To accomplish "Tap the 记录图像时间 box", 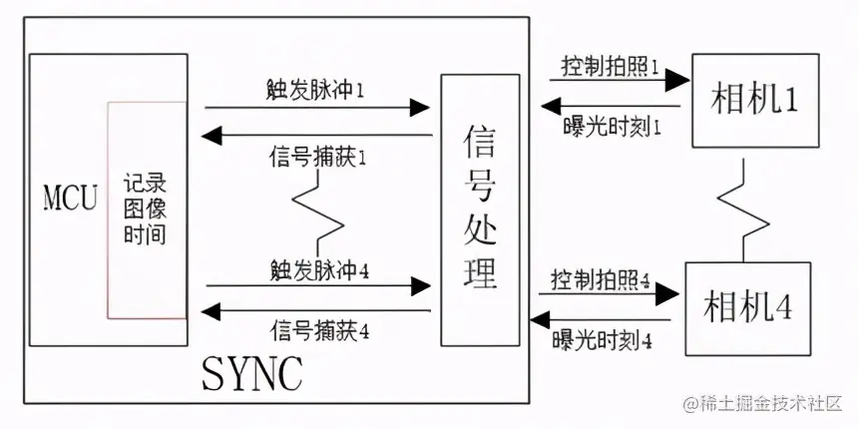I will [146, 210].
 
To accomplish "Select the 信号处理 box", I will [480, 210].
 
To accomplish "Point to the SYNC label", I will [251, 372].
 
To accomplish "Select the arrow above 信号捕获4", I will [319, 311].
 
